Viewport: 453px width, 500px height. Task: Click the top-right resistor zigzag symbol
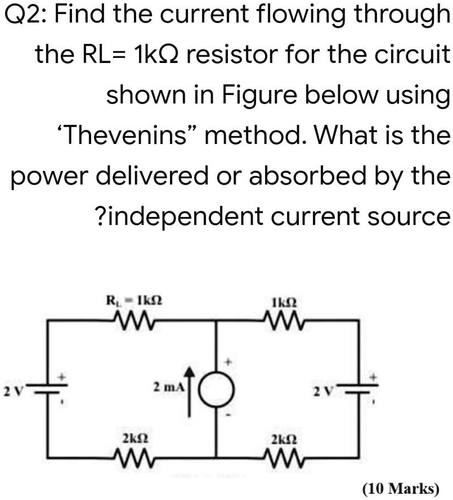(x=280, y=320)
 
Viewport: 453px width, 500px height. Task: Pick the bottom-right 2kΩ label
(x=280, y=436)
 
